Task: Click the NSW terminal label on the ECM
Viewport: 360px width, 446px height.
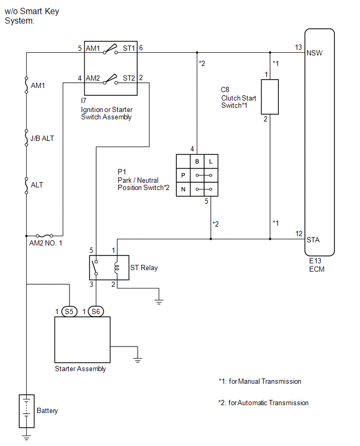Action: (x=314, y=53)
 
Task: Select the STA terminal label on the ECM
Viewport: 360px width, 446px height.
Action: (x=313, y=240)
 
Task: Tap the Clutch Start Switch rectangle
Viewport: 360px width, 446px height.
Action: (x=269, y=97)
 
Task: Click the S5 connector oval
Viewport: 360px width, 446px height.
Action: (x=69, y=311)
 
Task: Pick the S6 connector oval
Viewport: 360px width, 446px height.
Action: (x=96, y=311)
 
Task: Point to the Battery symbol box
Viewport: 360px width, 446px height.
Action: (x=27, y=411)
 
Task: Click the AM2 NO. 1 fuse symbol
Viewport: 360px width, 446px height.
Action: (x=44, y=236)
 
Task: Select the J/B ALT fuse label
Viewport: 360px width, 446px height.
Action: (x=42, y=139)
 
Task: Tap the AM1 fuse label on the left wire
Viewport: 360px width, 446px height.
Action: (x=38, y=85)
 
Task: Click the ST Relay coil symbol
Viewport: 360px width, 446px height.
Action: (x=117, y=267)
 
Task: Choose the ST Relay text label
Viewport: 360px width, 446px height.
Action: (x=144, y=267)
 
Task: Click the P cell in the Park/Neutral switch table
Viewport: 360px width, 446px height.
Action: (x=183, y=175)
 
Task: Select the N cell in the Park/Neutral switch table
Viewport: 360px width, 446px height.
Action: (x=183, y=189)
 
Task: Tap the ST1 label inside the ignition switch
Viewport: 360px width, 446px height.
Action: (x=129, y=48)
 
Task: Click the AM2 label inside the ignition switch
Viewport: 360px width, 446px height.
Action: (x=93, y=78)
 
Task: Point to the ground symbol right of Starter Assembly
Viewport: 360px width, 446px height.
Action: (x=138, y=360)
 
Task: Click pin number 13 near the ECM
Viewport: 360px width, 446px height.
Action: (x=298, y=47)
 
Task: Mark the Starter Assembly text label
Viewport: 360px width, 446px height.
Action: (x=80, y=369)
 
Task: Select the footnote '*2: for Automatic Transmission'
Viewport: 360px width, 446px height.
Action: (x=263, y=403)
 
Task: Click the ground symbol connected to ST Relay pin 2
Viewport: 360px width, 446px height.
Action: (x=159, y=302)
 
